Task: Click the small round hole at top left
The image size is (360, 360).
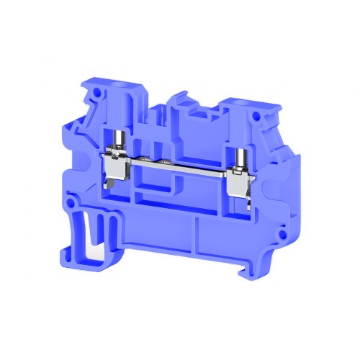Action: (92, 95)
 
